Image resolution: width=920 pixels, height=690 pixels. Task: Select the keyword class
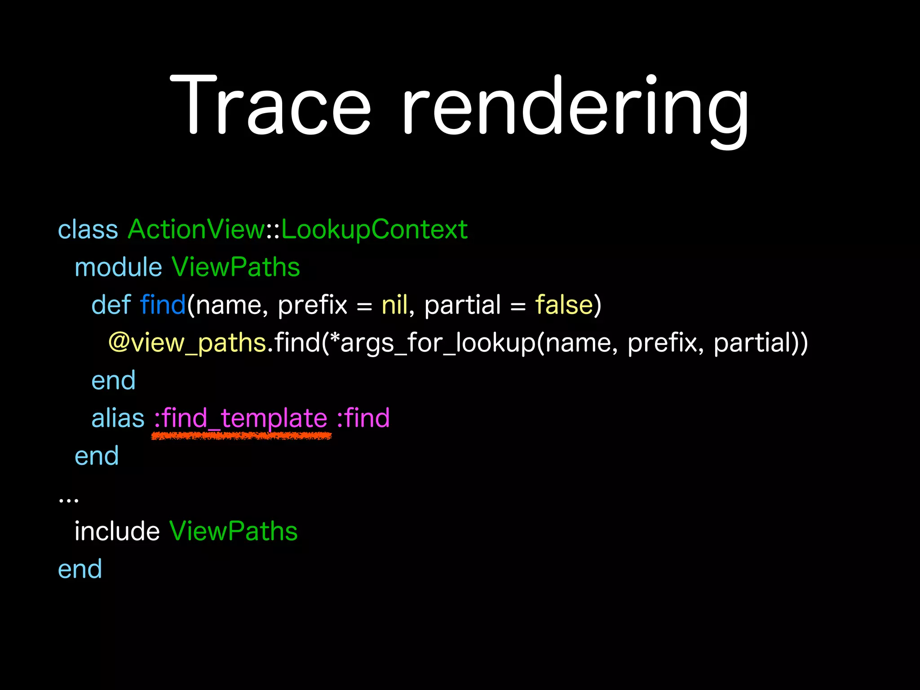click(88, 230)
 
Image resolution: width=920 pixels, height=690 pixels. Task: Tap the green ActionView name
click(196, 230)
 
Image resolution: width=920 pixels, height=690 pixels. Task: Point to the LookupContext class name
click(374, 230)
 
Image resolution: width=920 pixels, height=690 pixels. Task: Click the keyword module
click(118, 267)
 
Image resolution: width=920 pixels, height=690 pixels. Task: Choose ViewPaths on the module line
click(235, 267)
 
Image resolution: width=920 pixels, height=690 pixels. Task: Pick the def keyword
click(111, 305)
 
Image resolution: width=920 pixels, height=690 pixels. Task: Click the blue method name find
click(163, 305)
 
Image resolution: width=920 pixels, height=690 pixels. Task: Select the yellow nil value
click(394, 305)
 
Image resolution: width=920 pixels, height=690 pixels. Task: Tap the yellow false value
click(564, 305)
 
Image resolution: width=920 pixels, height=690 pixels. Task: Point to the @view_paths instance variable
click(187, 343)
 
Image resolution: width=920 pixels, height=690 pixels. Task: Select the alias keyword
click(118, 418)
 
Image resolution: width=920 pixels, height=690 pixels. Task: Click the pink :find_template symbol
click(241, 418)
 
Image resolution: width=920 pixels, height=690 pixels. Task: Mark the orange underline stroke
click(242, 436)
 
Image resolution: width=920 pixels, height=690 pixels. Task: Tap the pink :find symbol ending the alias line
click(363, 418)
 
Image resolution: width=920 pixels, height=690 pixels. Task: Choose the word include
click(117, 531)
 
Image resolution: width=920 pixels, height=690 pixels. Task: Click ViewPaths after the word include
click(234, 531)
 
